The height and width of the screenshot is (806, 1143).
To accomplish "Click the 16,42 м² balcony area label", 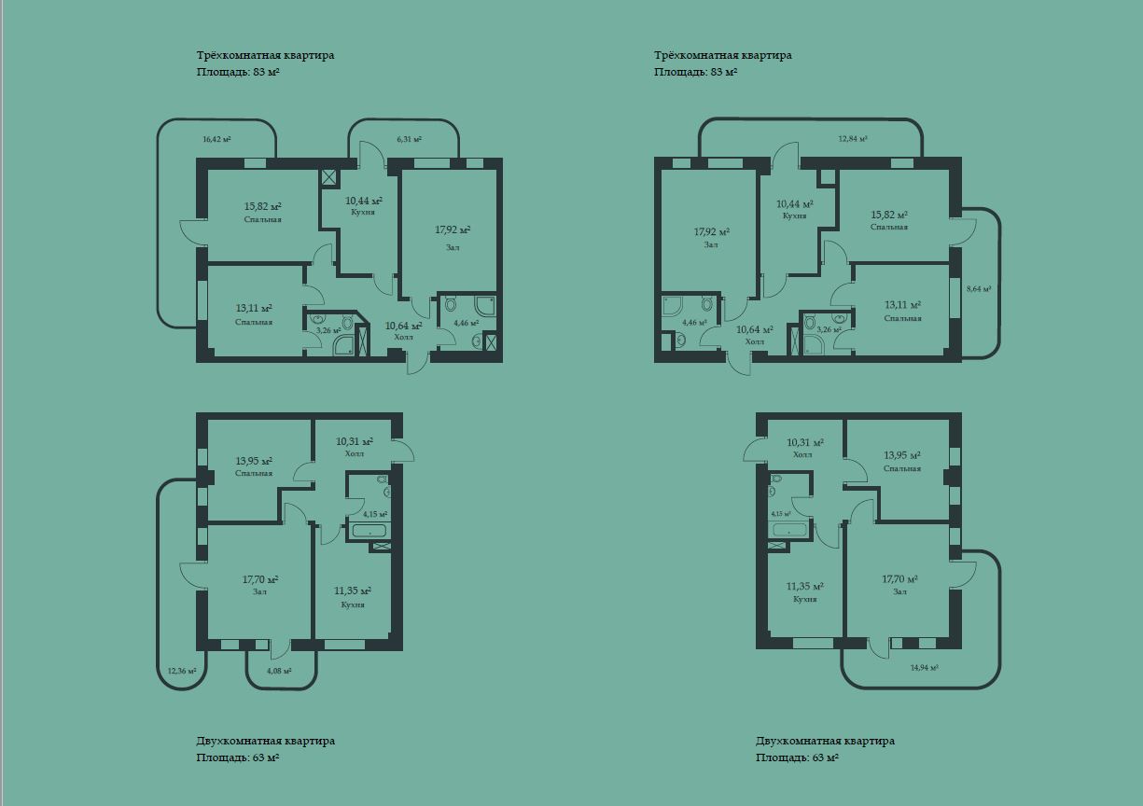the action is click(216, 139).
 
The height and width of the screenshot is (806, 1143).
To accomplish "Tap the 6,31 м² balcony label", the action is click(410, 139).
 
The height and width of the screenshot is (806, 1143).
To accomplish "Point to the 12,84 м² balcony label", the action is click(853, 138).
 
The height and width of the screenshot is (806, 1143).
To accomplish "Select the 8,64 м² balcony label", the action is click(979, 289).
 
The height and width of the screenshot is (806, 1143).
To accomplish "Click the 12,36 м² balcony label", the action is click(182, 671).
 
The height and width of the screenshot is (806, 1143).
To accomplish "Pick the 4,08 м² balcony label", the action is click(279, 671).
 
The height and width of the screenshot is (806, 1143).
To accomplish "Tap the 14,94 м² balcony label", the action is click(925, 667).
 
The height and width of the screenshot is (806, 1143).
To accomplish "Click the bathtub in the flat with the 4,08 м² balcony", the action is click(369, 531).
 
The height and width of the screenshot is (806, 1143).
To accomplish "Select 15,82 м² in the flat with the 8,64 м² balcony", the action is click(889, 215).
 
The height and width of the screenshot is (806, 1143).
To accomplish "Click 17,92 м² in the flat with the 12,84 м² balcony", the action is click(711, 232).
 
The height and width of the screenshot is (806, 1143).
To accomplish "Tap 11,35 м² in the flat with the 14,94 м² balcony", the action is click(804, 587).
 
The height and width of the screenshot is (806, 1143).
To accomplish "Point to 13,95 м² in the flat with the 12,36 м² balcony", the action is click(254, 461).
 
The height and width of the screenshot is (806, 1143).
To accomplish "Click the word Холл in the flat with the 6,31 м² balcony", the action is click(404, 337).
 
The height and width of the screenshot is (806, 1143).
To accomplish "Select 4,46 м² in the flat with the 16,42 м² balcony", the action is click(466, 323).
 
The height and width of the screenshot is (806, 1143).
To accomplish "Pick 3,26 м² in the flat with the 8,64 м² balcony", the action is click(829, 329).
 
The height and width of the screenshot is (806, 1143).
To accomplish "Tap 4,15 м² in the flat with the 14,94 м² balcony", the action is click(781, 514).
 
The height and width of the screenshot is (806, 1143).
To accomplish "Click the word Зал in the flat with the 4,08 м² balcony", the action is click(259, 591).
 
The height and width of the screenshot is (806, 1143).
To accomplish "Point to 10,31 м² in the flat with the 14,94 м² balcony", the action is click(805, 442).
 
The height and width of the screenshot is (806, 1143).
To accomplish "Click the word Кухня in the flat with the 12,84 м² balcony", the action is click(794, 215).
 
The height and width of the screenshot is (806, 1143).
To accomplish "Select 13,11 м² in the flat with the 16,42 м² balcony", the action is click(254, 309).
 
